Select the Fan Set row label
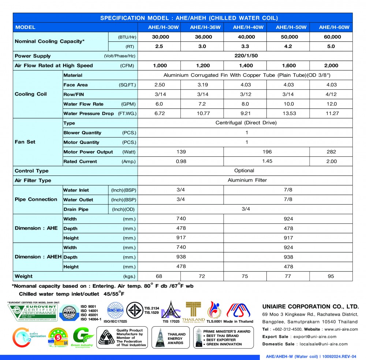25,142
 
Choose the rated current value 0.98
181,161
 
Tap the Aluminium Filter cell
247,180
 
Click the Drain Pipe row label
76,209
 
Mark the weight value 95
331,276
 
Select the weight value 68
159,276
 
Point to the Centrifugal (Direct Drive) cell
246,123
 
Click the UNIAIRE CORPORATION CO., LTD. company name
310,307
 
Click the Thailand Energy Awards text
176,338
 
